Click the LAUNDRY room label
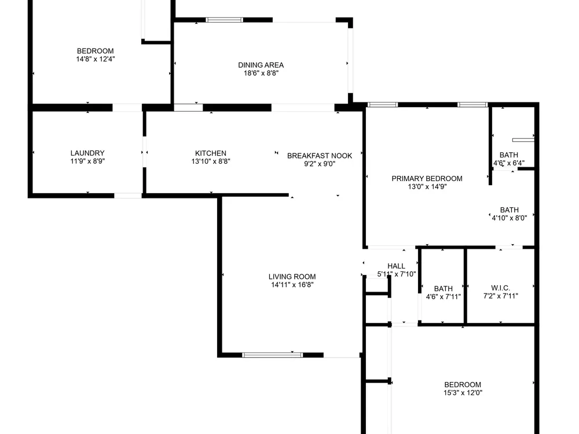(87, 153)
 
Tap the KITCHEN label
(211, 153)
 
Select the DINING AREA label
(261, 65)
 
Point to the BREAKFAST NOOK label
(320, 156)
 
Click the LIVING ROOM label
(292, 277)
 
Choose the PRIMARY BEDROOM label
(427, 179)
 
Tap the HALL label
(396, 266)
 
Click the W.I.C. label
(500, 288)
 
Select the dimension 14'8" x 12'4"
(96, 59)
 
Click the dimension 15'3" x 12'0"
(463, 393)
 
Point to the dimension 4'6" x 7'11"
(443, 297)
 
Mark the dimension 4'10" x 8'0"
(509, 218)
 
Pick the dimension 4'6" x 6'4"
(509, 163)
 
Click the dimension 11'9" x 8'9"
(87, 161)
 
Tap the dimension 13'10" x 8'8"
(211, 161)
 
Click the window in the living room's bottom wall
(273, 355)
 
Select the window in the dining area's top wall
(224, 20)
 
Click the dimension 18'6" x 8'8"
(261, 73)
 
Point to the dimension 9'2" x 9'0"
(320, 164)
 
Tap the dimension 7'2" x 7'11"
(500, 296)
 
